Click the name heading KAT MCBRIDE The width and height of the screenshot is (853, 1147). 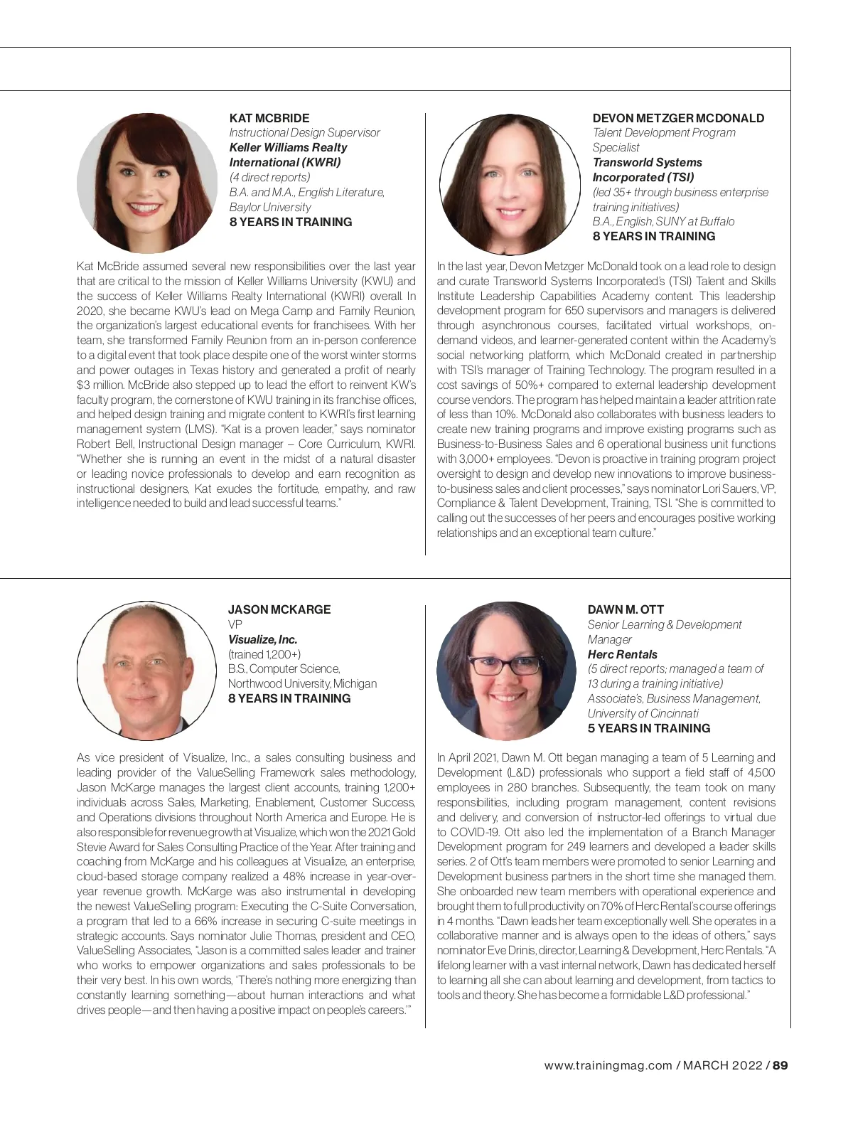pyautogui.click(x=269, y=118)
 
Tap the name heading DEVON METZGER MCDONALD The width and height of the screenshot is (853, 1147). pyautogui.click(x=678, y=118)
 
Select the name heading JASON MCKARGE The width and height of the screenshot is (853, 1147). pyautogui.click(x=279, y=609)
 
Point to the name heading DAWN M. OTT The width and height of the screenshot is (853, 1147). pyautogui.click(x=626, y=609)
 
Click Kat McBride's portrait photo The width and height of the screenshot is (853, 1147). pyautogui.click(x=147, y=183)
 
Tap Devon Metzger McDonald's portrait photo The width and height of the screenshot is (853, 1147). pyautogui.click(x=510, y=184)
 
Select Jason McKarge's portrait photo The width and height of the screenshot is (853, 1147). pyautogui.click(x=146, y=671)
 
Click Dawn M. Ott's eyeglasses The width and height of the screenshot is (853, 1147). pyautogui.click(x=505, y=666)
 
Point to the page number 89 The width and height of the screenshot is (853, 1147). pyautogui.click(x=780, y=1065)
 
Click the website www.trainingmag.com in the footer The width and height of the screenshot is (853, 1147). pyautogui.click(x=608, y=1065)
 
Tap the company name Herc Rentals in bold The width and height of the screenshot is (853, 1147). pyautogui.click(x=622, y=654)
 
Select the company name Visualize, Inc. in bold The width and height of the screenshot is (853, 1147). pyautogui.click(x=262, y=639)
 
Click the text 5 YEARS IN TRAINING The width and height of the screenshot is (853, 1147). pyautogui.click(x=648, y=728)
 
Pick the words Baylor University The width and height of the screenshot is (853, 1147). pyautogui.click(x=270, y=207)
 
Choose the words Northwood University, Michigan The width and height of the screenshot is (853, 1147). pyautogui.click(x=302, y=683)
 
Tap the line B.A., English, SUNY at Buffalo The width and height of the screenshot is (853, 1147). pyautogui.click(x=663, y=221)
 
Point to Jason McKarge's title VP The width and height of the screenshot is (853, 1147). pyautogui.click(x=235, y=624)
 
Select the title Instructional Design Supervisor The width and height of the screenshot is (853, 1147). pyautogui.click(x=304, y=132)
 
